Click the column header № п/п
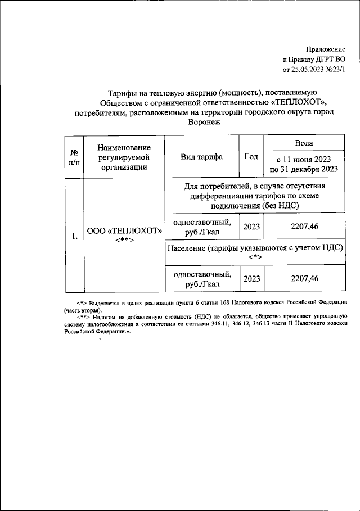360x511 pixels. pos(74,157)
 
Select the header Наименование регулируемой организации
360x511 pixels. pos(123,156)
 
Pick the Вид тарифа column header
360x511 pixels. pos(201,157)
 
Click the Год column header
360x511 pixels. pos(251,157)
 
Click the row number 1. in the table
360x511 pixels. pos(74,236)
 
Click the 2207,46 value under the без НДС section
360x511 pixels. pos(304,226)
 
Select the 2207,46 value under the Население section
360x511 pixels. pos(304,278)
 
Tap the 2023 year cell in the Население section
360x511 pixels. pos(251,278)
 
